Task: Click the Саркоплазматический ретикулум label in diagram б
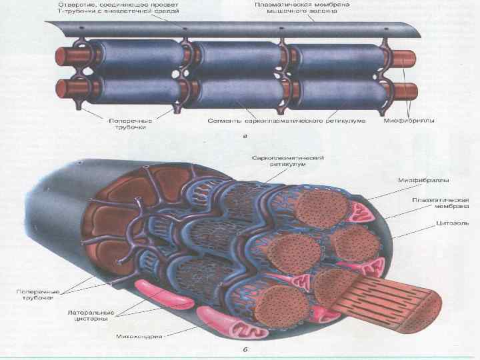(288, 161)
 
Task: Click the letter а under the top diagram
(246, 135)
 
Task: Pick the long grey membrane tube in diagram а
(233, 30)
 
